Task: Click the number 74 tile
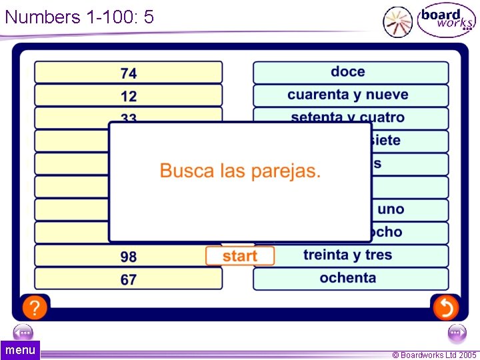[128, 73]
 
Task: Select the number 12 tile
[128, 95]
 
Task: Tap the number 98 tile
[128, 257]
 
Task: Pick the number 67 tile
[128, 279]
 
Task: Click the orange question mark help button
[35, 307]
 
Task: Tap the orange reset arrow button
[445, 307]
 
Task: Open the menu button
[20, 350]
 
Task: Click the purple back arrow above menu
[23, 332]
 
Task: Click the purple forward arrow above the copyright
[457, 332]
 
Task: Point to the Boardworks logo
[445, 21]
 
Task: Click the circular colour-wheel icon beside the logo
[398, 21]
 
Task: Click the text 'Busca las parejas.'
[240, 171]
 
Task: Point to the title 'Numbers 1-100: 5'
[79, 17]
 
